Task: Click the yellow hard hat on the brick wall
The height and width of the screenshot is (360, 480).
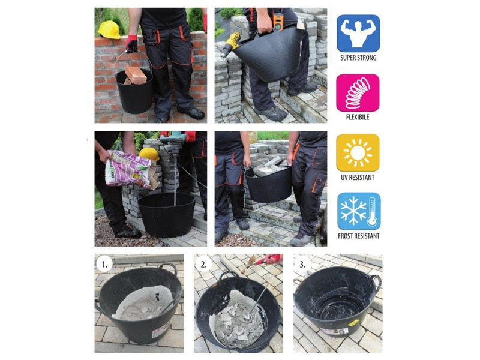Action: tap(109, 29)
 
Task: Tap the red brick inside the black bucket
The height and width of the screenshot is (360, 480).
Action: tap(136, 74)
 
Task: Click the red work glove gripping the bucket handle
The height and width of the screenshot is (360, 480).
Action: tap(131, 43)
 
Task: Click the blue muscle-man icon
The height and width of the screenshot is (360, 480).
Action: tap(358, 34)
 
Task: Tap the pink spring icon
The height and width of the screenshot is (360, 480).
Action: tap(358, 93)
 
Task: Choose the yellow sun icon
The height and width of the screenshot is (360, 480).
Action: tap(358, 153)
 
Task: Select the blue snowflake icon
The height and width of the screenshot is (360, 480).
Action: tap(359, 211)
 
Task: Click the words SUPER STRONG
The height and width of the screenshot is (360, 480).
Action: tap(358, 58)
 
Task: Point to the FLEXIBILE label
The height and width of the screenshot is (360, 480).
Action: tap(358, 117)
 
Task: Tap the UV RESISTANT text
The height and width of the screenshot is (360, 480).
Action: tap(358, 177)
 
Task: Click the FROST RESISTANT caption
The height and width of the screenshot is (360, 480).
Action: tap(358, 236)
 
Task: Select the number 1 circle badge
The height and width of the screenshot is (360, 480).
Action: tap(104, 264)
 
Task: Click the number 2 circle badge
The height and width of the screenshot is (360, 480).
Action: tap(203, 264)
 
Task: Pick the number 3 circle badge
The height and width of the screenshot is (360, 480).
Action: tap(302, 264)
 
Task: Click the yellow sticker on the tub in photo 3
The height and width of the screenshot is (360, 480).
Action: tap(353, 322)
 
